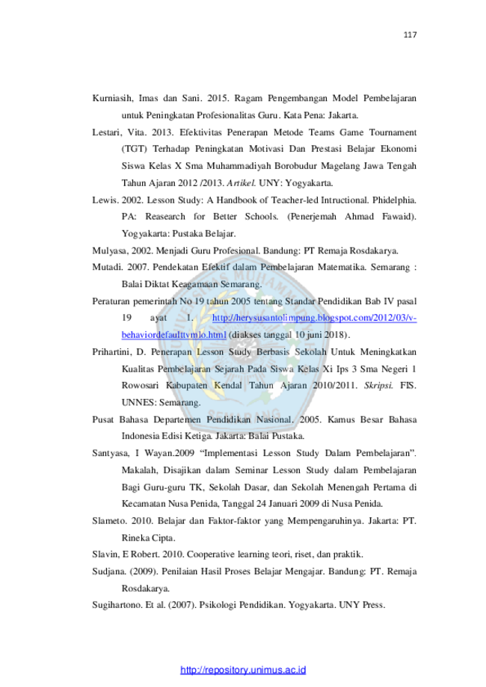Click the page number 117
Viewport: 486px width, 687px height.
tap(410, 34)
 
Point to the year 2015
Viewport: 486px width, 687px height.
tap(217, 98)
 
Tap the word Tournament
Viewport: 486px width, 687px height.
tap(393, 132)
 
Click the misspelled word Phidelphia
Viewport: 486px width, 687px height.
tap(394, 200)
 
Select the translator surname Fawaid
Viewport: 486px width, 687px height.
tap(399, 217)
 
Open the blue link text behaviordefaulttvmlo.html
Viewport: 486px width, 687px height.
tap(174, 335)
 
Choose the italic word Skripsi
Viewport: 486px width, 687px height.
tap(378, 386)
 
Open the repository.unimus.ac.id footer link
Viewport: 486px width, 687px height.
tap(243, 670)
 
